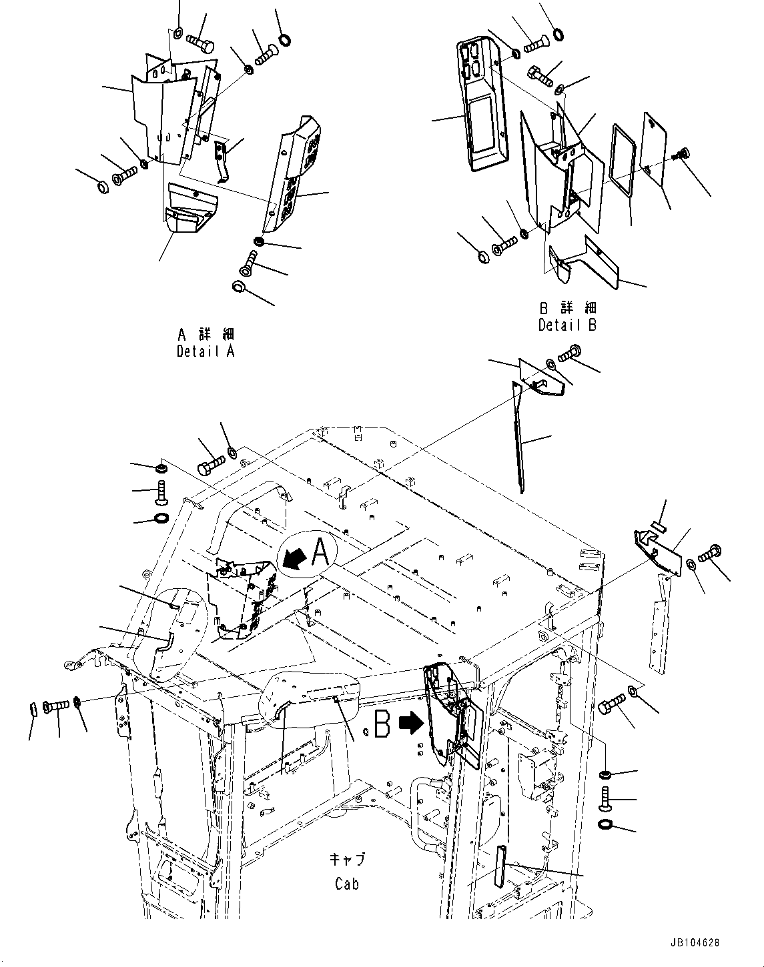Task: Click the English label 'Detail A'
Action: (206, 351)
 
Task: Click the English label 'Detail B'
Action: (568, 325)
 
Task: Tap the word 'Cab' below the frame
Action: (347, 884)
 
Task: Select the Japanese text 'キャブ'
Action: (347, 859)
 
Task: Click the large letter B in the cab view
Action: (382, 725)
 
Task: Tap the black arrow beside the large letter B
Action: (409, 722)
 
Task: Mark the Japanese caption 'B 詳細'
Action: (568, 308)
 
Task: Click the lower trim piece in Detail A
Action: (189, 209)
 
